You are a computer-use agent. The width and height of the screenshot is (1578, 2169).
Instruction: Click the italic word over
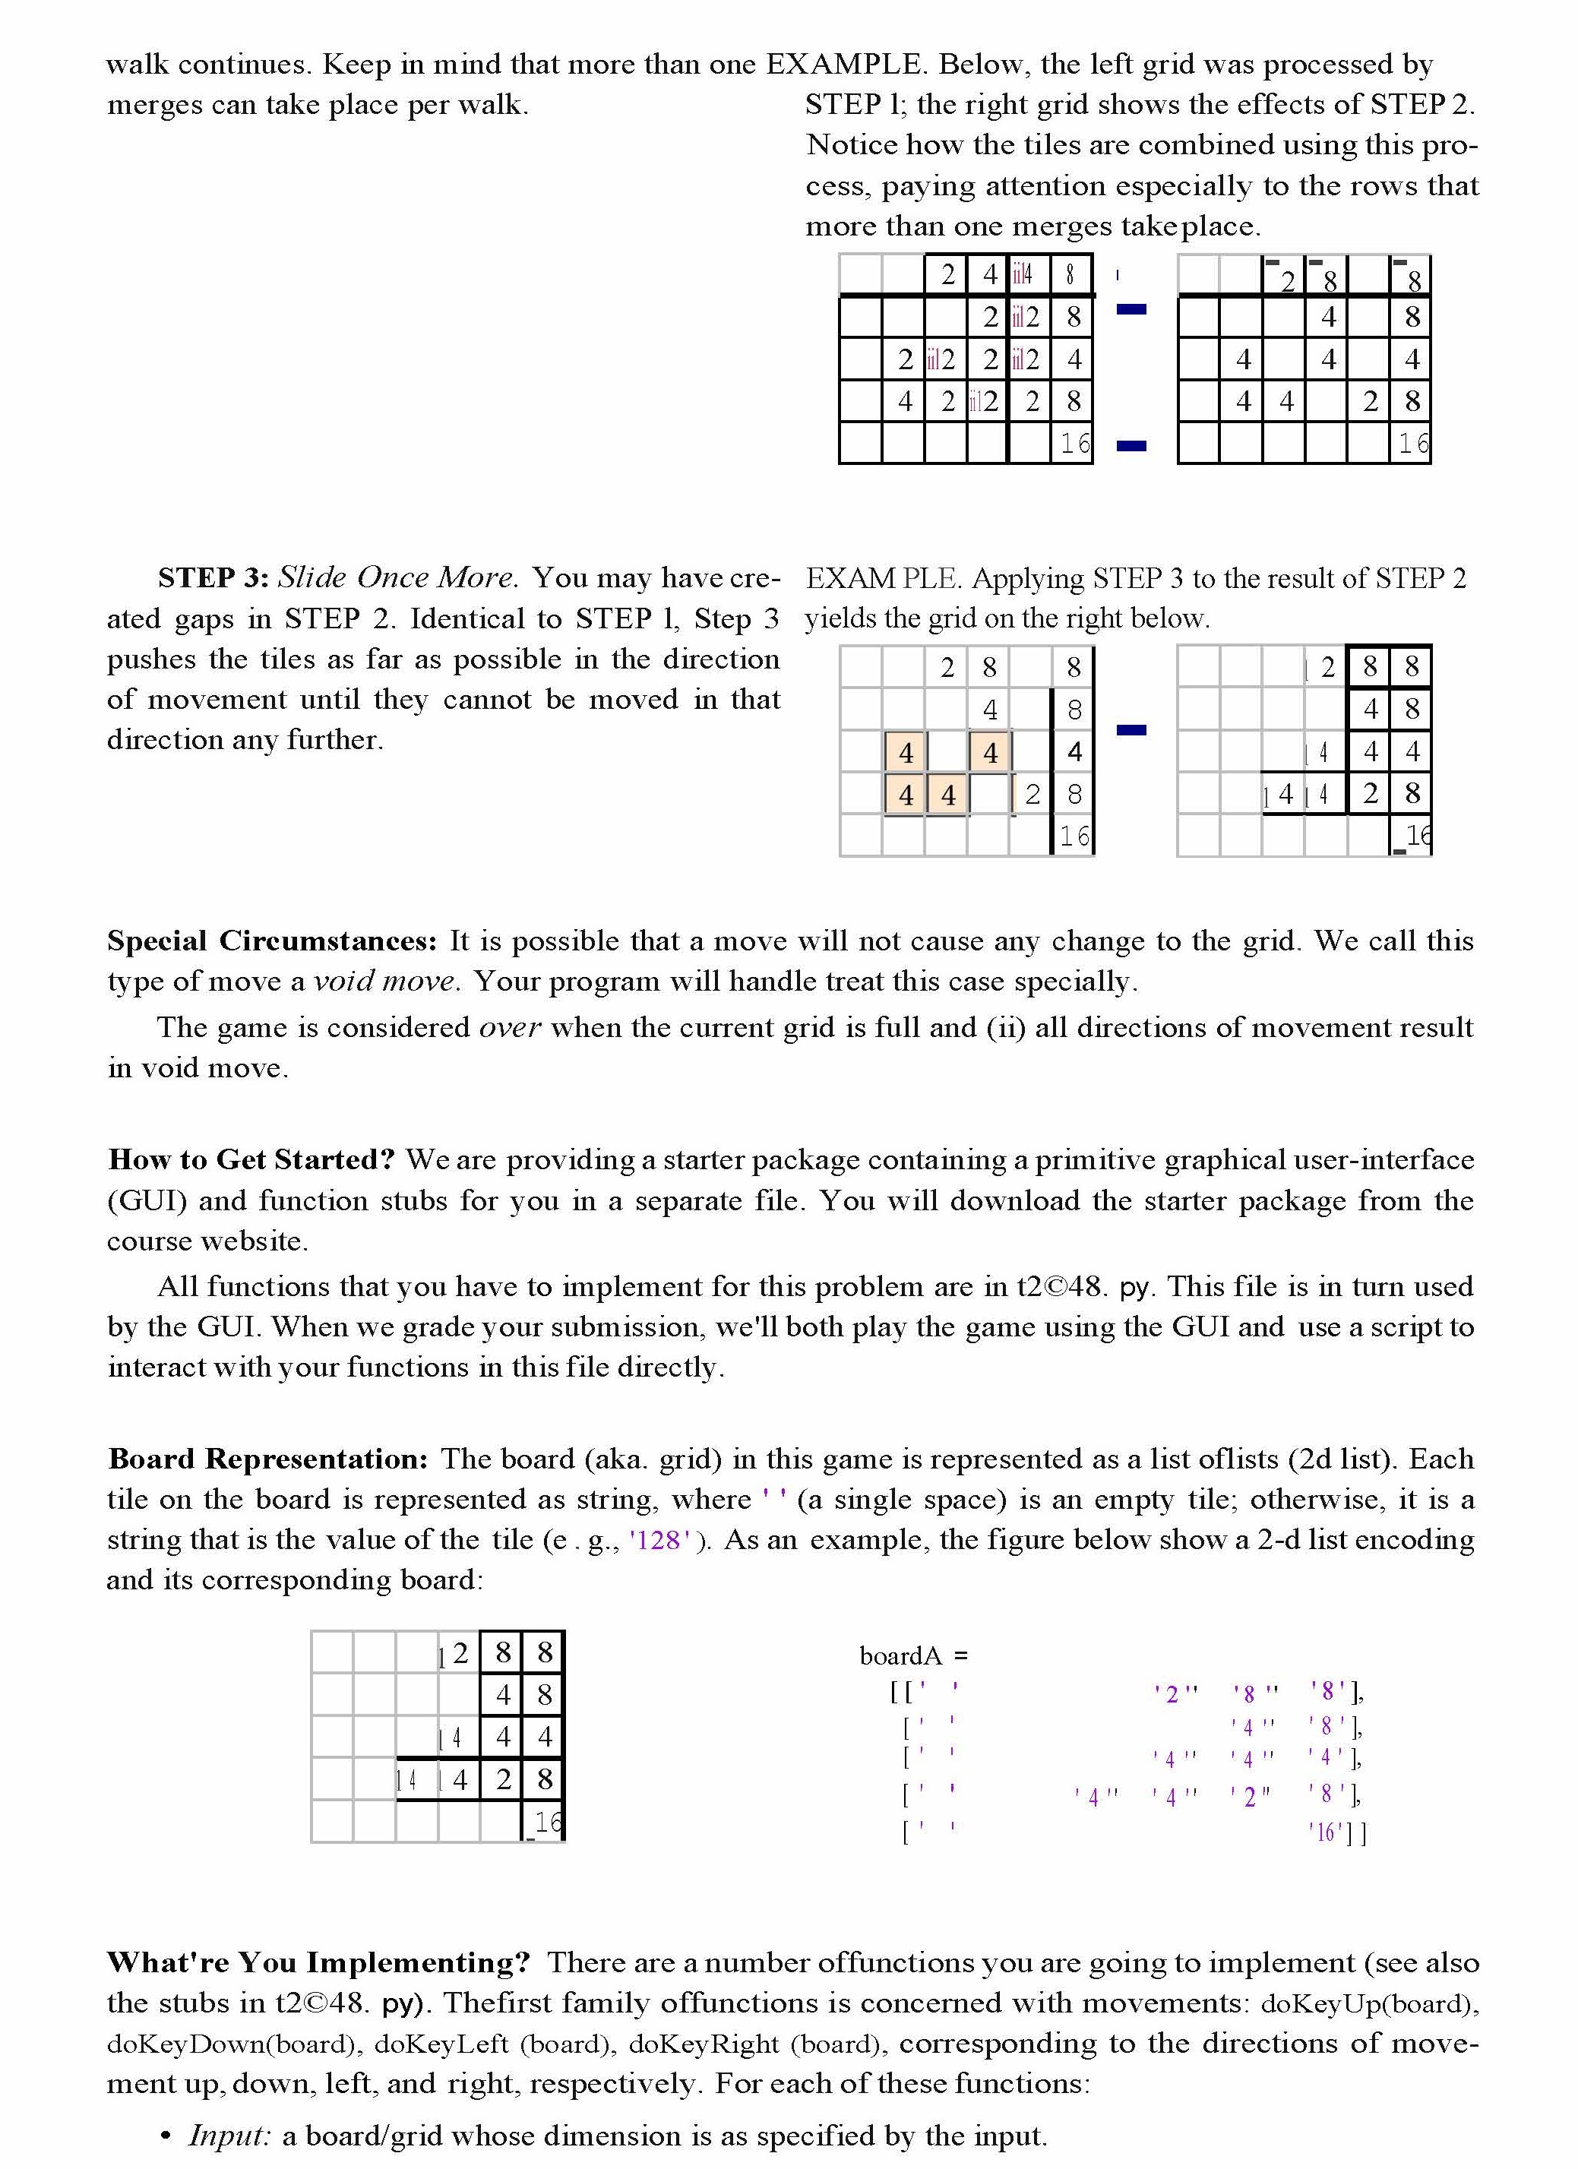(510, 1028)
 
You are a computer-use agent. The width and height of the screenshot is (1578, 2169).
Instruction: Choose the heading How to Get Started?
(251, 1160)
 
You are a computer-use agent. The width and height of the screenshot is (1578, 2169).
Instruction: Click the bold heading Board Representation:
(267, 1459)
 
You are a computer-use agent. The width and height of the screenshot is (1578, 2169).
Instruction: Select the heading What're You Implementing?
(318, 1963)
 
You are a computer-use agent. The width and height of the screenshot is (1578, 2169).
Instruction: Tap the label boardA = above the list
(913, 1655)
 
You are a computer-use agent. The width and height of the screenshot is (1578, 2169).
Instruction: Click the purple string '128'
(659, 1541)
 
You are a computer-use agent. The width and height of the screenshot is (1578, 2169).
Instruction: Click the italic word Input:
(229, 2136)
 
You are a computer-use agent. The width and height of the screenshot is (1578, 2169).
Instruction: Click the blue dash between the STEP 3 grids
(1131, 731)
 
